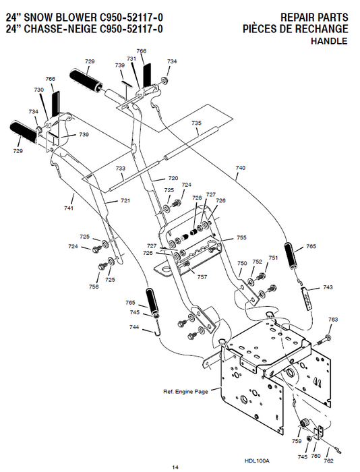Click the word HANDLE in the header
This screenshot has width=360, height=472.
point(330,42)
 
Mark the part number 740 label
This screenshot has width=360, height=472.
point(241,167)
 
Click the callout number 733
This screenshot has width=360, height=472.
point(121,169)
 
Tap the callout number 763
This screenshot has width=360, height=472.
point(333,319)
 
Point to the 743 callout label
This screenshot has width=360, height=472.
point(328,287)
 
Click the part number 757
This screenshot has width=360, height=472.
point(202,277)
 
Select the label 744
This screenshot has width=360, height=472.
point(135,327)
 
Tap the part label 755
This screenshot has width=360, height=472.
point(241,238)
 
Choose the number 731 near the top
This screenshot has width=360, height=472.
point(131,59)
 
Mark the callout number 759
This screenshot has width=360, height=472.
point(297,442)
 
